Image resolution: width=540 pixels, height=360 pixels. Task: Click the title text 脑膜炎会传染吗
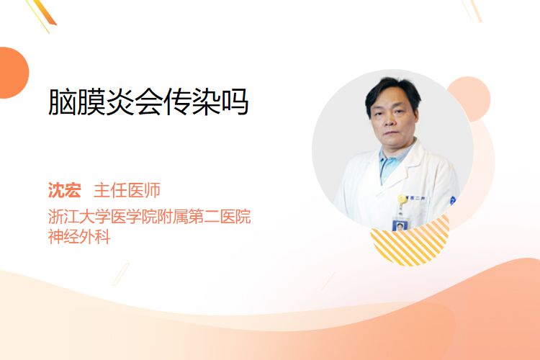[148, 102]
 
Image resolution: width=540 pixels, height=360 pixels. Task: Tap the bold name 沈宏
[65, 190]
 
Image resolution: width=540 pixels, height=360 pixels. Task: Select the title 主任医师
[127, 190]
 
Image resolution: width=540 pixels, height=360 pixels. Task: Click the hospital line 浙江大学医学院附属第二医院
[150, 216]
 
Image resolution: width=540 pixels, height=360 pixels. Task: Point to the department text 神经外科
[79, 237]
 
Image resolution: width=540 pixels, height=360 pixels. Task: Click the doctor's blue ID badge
[400, 225]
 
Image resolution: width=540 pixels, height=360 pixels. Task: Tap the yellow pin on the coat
[402, 199]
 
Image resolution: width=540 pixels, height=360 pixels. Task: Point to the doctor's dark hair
[392, 90]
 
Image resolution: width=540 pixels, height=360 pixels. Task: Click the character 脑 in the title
[62, 102]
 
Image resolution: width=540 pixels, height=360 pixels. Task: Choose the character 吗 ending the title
[235, 102]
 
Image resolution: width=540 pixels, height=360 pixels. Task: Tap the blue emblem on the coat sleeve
[453, 200]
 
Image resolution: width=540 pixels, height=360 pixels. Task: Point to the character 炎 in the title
[120, 102]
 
